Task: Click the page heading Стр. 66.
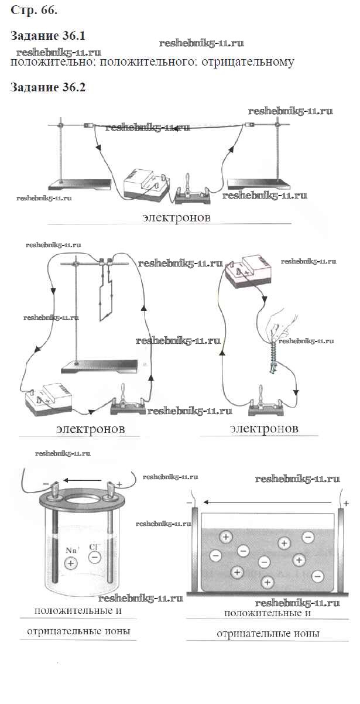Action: click(34, 11)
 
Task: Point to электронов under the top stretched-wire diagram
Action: click(176, 217)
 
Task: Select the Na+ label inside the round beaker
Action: click(72, 550)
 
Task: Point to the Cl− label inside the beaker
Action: click(94, 547)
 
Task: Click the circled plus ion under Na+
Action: click(71, 563)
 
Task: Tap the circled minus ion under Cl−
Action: click(94, 558)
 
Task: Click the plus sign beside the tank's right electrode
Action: click(347, 503)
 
